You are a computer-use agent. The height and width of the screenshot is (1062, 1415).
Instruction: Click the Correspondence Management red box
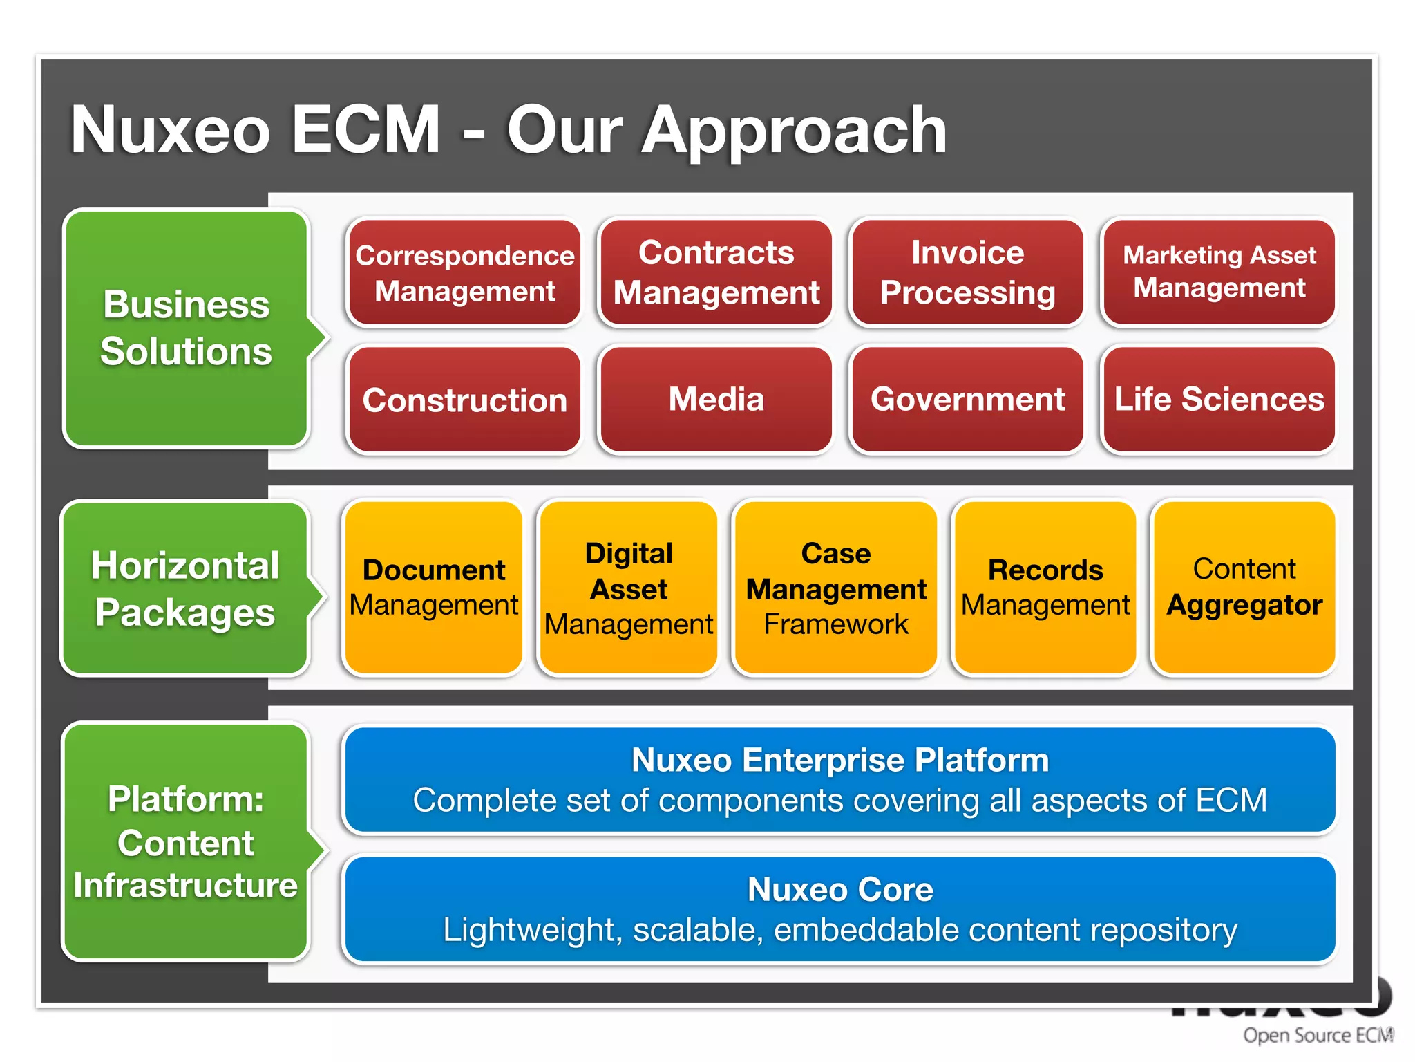tap(464, 273)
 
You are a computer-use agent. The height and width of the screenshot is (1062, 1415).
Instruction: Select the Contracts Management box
tap(716, 273)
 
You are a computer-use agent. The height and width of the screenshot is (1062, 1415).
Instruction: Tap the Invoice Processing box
tap(967, 273)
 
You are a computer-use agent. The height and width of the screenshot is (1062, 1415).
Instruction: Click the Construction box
tap(464, 400)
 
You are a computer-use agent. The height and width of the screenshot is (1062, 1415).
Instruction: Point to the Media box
tap(716, 400)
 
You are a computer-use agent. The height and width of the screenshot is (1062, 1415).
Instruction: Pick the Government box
tap(967, 400)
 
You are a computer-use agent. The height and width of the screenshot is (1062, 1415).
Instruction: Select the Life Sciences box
tap(1219, 400)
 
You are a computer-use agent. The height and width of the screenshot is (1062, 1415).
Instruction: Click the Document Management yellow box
tap(433, 588)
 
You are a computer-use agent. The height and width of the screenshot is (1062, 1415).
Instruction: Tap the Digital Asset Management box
tap(628, 588)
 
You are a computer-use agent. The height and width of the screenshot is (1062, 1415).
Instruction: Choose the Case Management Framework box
tap(835, 588)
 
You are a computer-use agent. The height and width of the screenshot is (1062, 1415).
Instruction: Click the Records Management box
tap(1045, 588)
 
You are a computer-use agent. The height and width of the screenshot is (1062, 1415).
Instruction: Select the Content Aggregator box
tap(1244, 588)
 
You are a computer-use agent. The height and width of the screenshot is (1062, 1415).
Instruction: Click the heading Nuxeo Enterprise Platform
tap(839, 761)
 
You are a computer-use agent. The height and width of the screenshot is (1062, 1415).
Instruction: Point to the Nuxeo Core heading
tap(839, 890)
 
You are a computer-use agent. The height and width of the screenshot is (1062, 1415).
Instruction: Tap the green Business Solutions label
tap(185, 328)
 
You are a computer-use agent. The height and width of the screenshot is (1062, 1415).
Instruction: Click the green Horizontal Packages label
tap(185, 588)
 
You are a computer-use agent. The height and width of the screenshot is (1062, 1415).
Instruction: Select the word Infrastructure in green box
tap(185, 886)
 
